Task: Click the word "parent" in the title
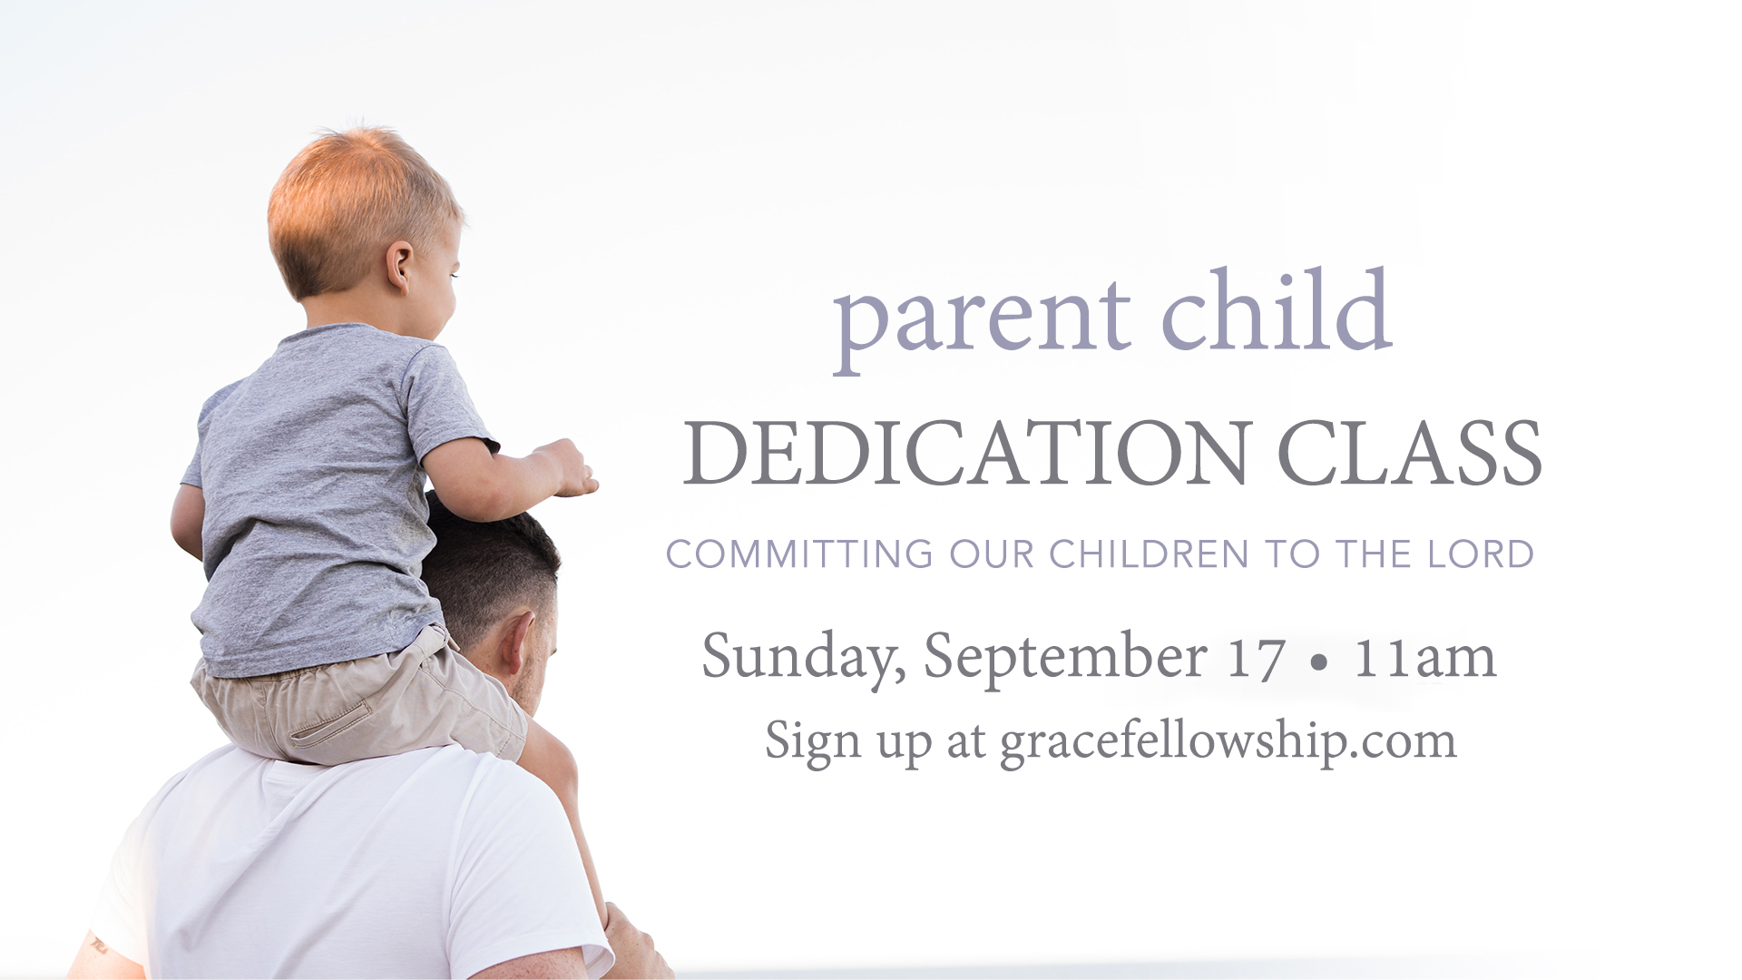click(x=982, y=319)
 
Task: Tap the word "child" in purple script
click(x=1277, y=309)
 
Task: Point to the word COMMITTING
click(x=799, y=554)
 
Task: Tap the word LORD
click(x=1481, y=554)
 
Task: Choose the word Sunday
click(x=804, y=657)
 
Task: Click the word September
click(x=1065, y=657)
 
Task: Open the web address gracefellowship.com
click(x=1228, y=742)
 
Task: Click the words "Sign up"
click(x=848, y=742)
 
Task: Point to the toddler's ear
click(x=399, y=266)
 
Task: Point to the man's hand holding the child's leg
click(x=633, y=944)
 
